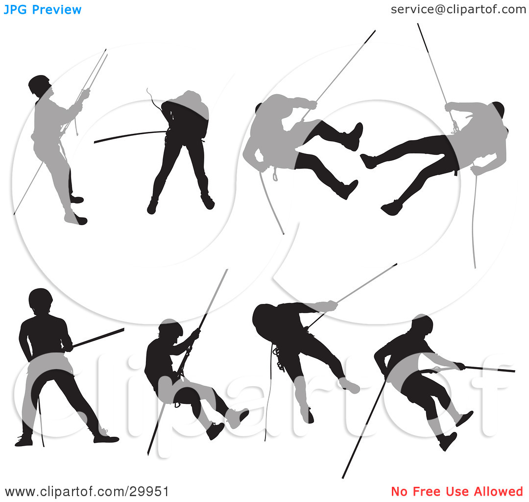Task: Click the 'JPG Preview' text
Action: click(43, 10)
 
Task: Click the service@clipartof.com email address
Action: click(458, 9)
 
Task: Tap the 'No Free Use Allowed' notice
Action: click(457, 491)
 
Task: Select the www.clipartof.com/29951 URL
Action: click(87, 492)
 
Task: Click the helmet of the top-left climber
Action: click(39, 84)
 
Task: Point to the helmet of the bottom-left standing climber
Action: click(41, 299)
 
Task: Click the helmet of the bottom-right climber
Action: click(422, 323)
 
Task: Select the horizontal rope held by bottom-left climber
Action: click(98, 338)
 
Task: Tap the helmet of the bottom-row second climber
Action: click(171, 327)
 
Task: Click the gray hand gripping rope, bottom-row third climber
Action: click(329, 306)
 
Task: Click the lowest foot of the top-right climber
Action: click(392, 208)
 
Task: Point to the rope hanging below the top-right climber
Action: click(474, 220)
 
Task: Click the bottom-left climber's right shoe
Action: click(106, 438)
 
